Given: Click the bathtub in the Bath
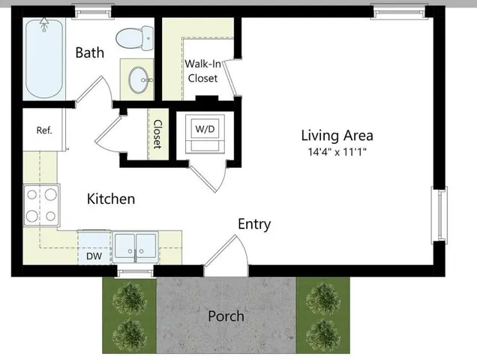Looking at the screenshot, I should [x=42, y=58].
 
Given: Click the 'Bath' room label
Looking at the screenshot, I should [x=89, y=52].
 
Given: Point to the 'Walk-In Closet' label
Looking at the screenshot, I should [x=202, y=71].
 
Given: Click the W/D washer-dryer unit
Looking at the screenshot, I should [x=204, y=133].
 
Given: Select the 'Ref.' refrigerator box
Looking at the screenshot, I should [x=44, y=130].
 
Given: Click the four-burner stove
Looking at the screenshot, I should [x=40, y=205].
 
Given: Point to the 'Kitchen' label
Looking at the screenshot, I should [x=111, y=199].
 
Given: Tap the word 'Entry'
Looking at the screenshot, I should [x=254, y=223].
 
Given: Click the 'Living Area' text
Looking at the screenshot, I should [x=337, y=136].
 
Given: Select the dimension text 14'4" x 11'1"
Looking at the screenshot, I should [x=337, y=152].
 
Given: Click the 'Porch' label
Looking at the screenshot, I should [x=226, y=316].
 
